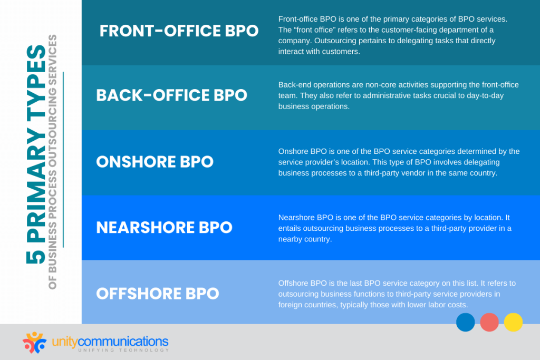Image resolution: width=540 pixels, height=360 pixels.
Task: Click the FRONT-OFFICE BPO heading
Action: point(179,31)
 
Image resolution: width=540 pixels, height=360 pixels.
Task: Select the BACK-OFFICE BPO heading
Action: point(171,95)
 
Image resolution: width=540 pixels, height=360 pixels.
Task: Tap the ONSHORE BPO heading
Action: point(155,161)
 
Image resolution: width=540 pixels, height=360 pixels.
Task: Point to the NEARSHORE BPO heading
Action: point(164,227)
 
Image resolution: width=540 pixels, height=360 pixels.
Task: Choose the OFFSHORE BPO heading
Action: point(157,293)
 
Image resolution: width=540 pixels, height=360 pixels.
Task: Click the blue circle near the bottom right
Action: point(465,322)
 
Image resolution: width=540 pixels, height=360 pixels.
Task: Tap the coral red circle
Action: point(489,322)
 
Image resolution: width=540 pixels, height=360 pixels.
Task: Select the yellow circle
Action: point(513,322)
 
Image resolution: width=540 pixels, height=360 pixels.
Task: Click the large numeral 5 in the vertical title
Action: point(36,256)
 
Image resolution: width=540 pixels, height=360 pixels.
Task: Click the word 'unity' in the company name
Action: point(65,340)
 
